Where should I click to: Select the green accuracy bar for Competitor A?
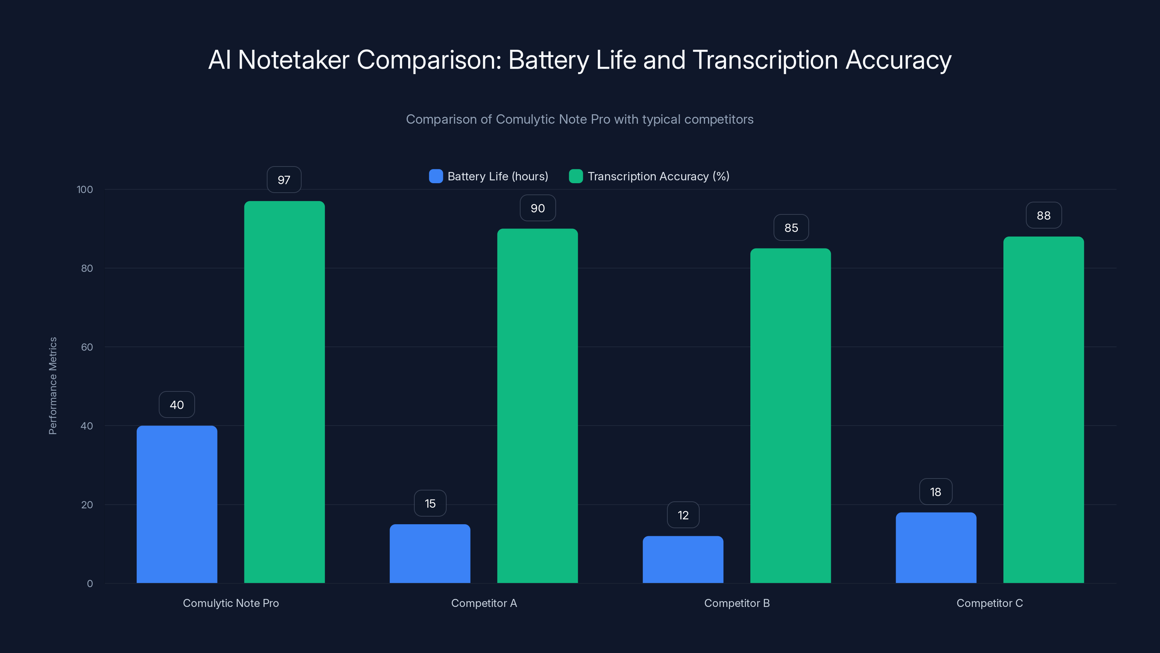point(537,406)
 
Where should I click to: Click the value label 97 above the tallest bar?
point(284,180)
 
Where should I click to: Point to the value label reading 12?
point(683,515)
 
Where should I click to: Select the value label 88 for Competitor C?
point(1043,215)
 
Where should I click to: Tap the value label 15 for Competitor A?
point(430,504)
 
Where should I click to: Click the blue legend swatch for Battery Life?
point(435,176)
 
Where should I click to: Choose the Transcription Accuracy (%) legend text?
point(658,176)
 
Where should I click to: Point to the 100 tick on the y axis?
point(85,189)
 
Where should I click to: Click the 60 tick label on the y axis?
point(87,347)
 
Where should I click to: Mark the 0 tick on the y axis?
point(90,584)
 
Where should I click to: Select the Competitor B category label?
point(737,603)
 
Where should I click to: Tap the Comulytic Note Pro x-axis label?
point(231,603)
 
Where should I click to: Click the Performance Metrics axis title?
point(53,386)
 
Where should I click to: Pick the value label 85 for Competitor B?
point(791,227)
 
